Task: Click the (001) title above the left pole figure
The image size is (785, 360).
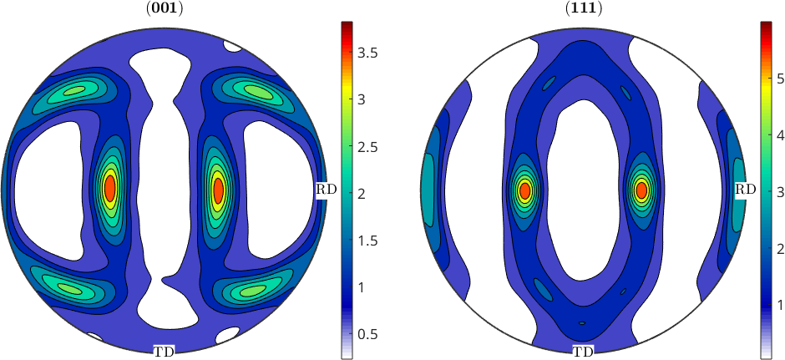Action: click(164, 9)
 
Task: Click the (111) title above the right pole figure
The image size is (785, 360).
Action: click(583, 9)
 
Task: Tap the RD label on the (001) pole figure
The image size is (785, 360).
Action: click(326, 190)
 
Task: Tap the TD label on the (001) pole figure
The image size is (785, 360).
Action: click(165, 352)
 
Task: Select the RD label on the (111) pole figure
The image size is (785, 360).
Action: click(745, 190)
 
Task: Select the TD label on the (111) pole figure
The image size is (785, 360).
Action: click(583, 352)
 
